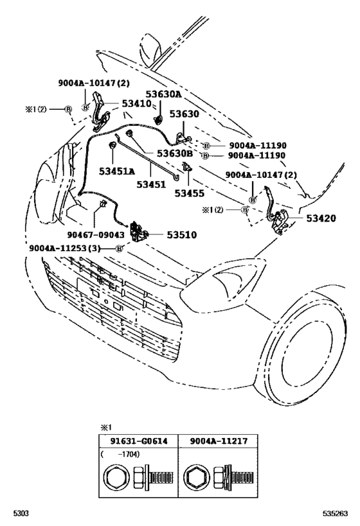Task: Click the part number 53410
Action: tap(136, 103)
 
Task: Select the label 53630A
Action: tap(163, 94)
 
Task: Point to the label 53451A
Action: tap(117, 171)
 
